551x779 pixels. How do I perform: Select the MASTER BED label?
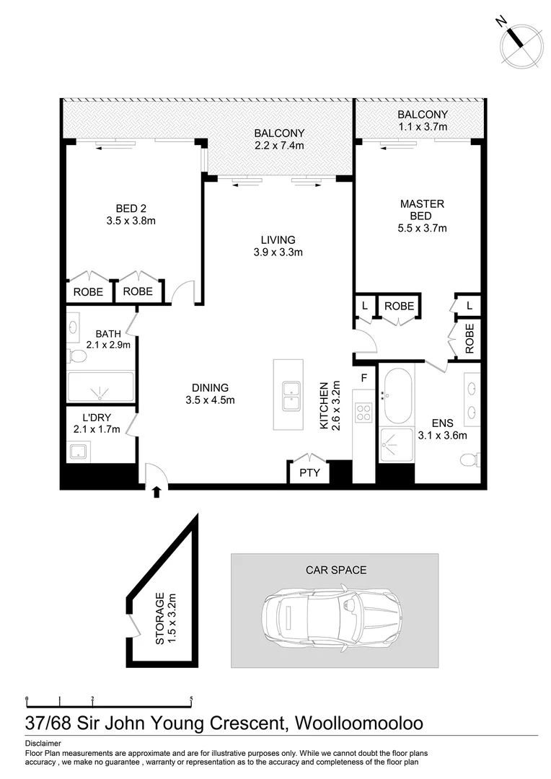tap(422, 216)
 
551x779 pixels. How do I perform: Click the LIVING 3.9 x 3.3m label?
tap(278, 246)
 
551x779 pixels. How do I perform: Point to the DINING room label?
tap(210, 393)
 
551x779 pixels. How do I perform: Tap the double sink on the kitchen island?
tap(291, 395)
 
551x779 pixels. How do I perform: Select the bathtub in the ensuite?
tap(397, 396)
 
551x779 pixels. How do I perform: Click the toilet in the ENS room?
tap(470, 459)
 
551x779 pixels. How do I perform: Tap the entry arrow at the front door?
tap(156, 492)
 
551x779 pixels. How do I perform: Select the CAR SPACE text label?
tap(335, 570)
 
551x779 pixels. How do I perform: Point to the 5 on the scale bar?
tap(191, 699)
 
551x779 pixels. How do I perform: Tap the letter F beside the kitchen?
tap(364, 377)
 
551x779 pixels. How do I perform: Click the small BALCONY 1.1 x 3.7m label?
tap(422, 120)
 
